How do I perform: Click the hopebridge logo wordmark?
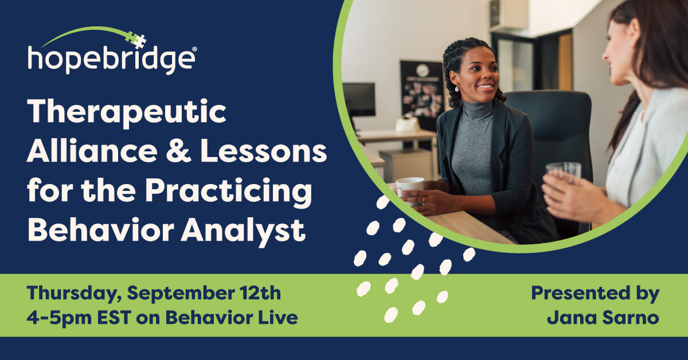pos(112,60)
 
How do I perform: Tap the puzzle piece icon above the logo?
pos(136,40)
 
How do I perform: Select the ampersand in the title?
pos(178,151)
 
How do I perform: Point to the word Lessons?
pos(264,151)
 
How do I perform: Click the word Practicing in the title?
pos(228,191)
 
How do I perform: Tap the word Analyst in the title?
pos(244,231)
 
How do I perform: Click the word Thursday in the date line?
pos(74,294)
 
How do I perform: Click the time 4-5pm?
pos(59,318)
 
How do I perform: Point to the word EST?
pos(114,318)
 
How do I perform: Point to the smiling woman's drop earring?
pos(457,89)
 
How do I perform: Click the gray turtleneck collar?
pos(477,109)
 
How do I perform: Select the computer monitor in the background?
pos(359,99)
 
